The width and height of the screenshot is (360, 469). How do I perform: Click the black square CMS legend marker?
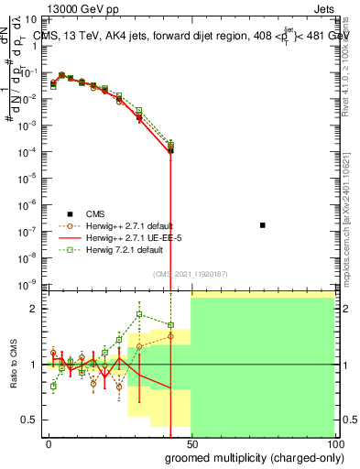click(69, 213)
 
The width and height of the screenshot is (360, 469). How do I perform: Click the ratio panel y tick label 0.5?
click(28, 420)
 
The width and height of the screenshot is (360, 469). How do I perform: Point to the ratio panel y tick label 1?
click(33, 365)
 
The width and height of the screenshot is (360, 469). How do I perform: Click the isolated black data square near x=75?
click(263, 224)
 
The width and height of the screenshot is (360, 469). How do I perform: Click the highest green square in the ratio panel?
click(139, 314)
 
